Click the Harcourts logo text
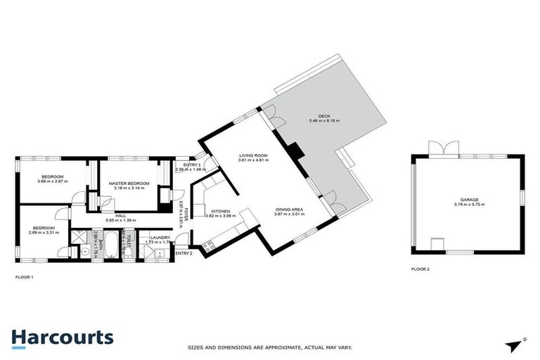click(x=62, y=337)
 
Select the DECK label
click(x=323, y=116)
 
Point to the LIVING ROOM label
click(x=254, y=156)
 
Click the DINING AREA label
click(x=290, y=209)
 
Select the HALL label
click(x=121, y=216)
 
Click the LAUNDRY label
click(x=160, y=237)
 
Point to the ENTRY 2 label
click(x=184, y=253)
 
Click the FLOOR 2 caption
click(x=422, y=269)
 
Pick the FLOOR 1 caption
click(x=25, y=277)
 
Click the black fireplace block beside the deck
click(x=295, y=150)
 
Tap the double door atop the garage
click(x=443, y=148)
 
